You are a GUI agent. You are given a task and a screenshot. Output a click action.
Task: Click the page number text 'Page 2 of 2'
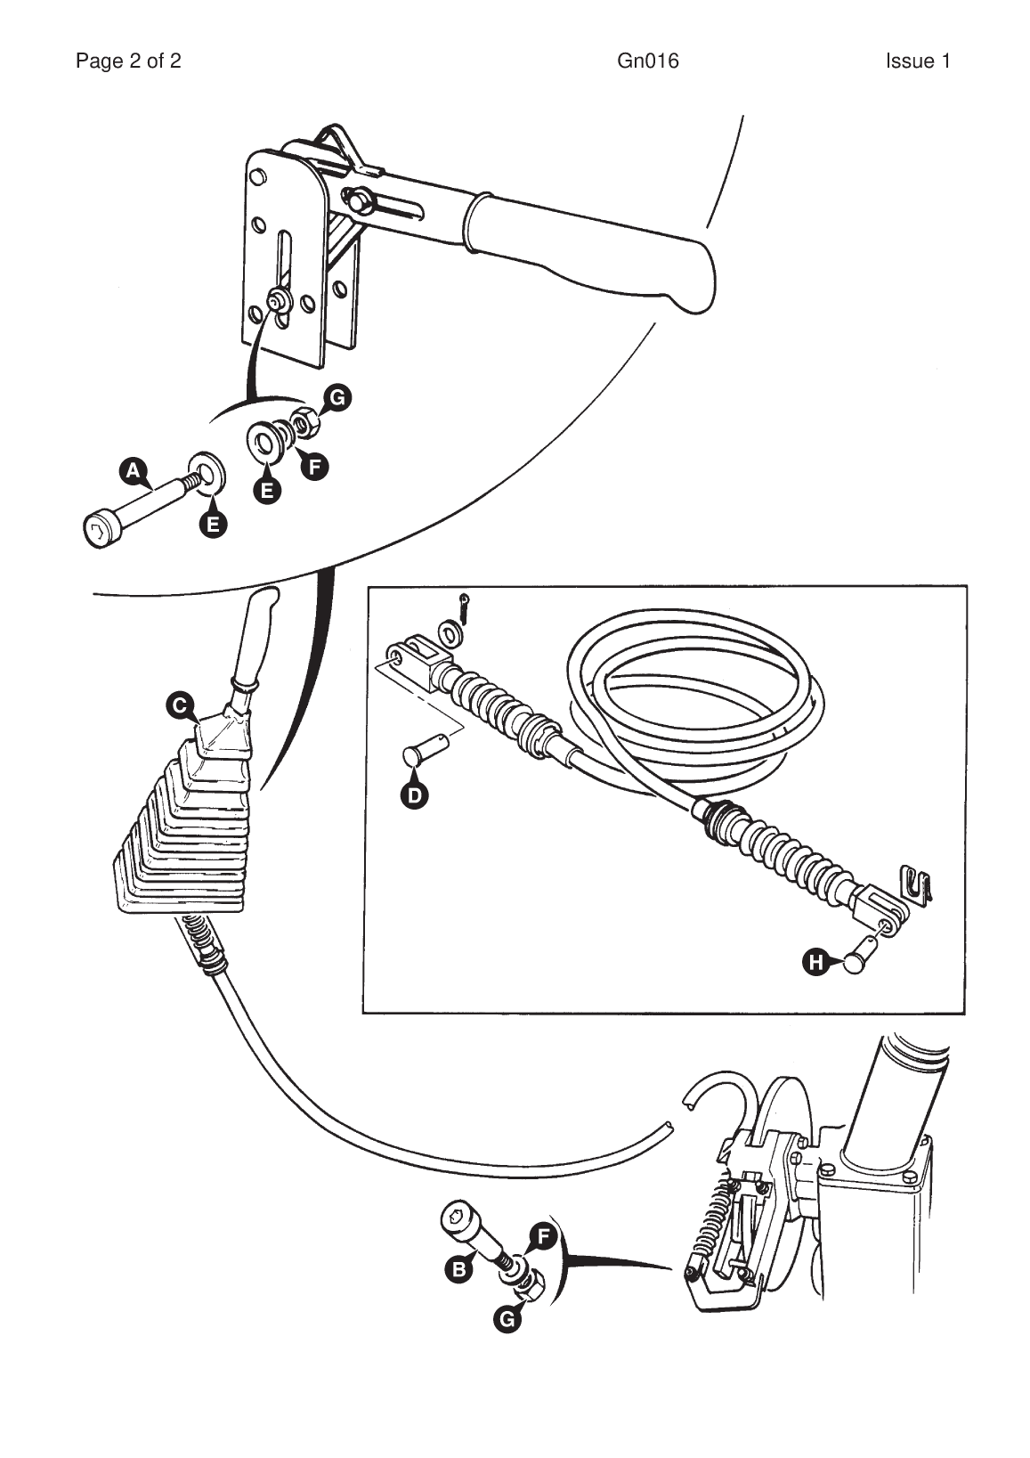tap(128, 61)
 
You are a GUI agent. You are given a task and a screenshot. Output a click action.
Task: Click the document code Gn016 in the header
tap(647, 61)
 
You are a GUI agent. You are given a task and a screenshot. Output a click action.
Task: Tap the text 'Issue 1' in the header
tap(917, 61)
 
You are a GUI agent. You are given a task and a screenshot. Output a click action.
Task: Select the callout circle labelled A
tap(133, 470)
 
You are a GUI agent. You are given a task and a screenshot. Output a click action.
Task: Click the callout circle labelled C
tap(179, 705)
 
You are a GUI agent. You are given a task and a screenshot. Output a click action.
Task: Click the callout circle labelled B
tap(458, 1268)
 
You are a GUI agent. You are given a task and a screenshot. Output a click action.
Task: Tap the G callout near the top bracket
tap(337, 397)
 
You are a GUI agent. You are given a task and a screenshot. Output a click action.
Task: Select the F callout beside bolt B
tap(542, 1236)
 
